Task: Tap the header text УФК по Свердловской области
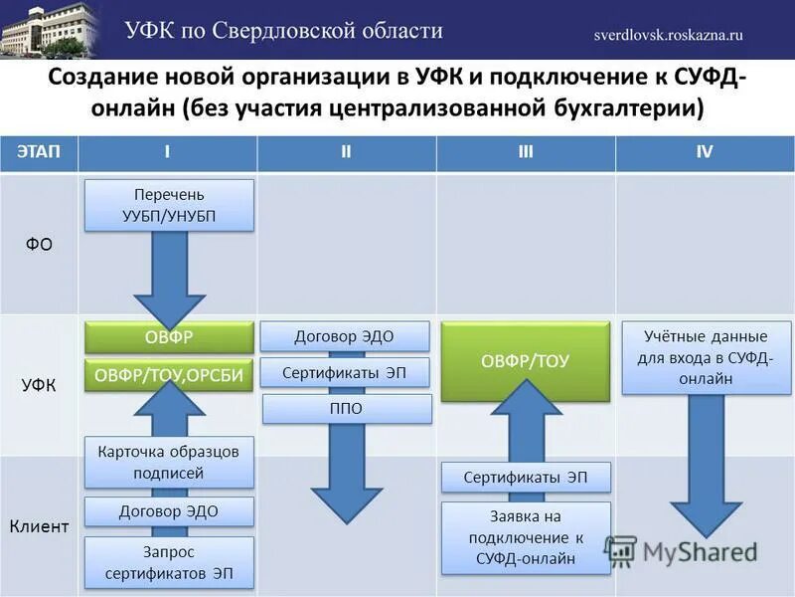click(283, 30)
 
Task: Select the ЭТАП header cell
click(39, 152)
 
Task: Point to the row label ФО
click(39, 244)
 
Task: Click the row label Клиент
click(39, 526)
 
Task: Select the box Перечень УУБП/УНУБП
click(169, 205)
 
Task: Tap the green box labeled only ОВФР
click(169, 337)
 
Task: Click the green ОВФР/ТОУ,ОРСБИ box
click(169, 374)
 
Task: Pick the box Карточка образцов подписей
click(169, 462)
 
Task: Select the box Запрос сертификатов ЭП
click(169, 563)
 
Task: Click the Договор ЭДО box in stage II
click(345, 336)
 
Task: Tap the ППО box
click(347, 409)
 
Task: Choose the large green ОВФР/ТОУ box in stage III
click(525, 361)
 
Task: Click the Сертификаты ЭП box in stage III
click(525, 478)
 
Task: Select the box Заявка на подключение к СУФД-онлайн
click(525, 538)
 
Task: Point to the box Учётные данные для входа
click(707, 357)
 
